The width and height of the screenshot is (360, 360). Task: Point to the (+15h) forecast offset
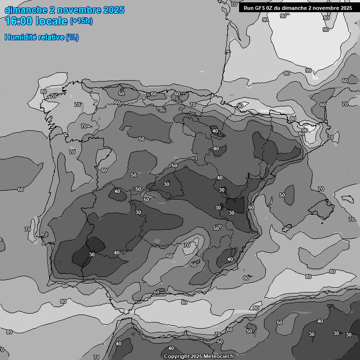pyautogui.click(x=81, y=21)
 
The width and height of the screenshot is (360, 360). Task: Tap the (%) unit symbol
pyautogui.click(x=73, y=37)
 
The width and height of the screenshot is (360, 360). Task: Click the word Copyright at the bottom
pyautogui.click(x=176, y=356)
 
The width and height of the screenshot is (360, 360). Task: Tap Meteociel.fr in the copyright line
pyautogui.click(x=218, y=356)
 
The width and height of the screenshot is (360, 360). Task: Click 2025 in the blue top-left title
pyautogui.click(x=113, y=10)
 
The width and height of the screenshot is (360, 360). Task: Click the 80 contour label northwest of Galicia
pyautogui.click(x=44, y=92)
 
